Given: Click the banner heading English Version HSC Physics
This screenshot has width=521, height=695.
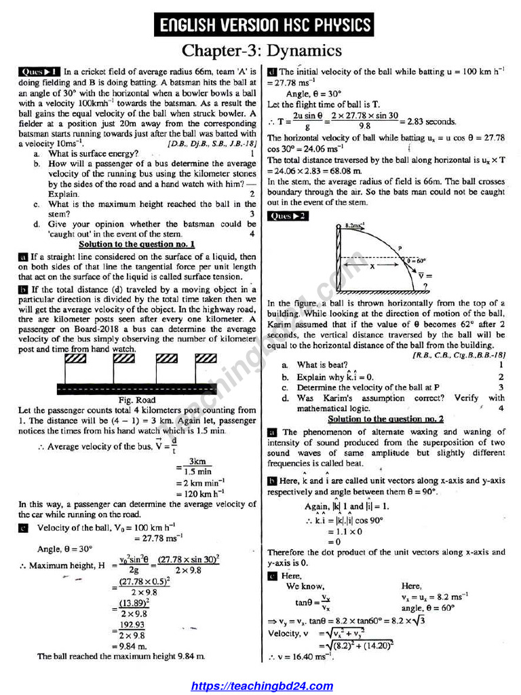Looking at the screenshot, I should [x=265, y=26].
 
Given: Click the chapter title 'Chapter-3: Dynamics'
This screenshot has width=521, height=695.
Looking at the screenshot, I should [x=261, y=50].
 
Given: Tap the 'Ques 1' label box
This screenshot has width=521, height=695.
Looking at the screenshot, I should [x=39, y=71].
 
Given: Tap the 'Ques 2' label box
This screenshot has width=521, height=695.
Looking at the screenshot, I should [x=288, y=216].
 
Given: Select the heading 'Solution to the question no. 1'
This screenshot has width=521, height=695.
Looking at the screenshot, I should [x=137, y=244].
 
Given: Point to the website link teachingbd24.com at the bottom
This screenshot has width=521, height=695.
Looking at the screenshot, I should [x=262, y=686].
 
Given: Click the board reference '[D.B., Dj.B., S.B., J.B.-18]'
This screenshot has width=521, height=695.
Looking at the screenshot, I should [x=212, y=144].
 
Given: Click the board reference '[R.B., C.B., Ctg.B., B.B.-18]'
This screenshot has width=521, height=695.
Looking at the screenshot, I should [x=459, y=354].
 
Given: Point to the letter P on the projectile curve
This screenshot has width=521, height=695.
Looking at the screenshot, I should [x=400, y=248].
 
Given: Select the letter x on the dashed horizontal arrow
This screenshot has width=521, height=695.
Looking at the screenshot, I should [x=372, y=267].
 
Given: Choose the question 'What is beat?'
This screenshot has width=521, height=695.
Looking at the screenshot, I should [x=322, y=365].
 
